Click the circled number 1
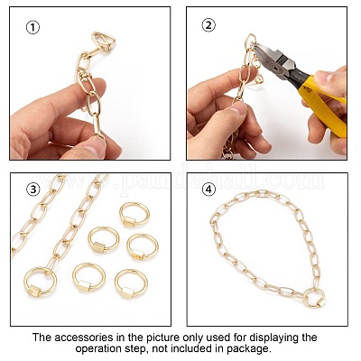coord(32,28)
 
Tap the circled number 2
coord(208,25)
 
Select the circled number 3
coord(33,190)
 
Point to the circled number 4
coord(208,190)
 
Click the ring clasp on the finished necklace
coord(314,297)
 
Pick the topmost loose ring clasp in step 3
coord(134,214)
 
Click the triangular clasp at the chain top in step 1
coord(103,42)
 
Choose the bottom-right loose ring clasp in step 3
coord(131,283)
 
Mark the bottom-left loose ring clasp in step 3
coord(88,278)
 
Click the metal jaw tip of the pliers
coord(255,47)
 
